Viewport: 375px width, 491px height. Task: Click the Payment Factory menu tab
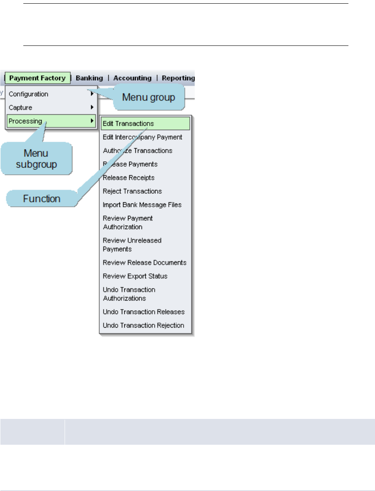pyautogui.click(x=38, y=78)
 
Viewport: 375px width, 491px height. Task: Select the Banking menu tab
pyautogui.click(x=90, y=78)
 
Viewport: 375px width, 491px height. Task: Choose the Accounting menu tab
pyautogui.click(x=132, y=78)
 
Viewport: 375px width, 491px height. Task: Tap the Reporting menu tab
pyautogui.click(x=178, y=78)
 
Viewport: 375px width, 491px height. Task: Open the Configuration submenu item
pyautogui.click(x=29, y=94)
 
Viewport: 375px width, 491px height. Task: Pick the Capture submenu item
pyautogui.click(x=20, y=107)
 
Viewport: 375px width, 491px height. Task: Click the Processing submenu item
pyautogui.click(x=25, y=121)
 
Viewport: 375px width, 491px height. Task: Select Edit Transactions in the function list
pyautogui.click(x=128, y=123)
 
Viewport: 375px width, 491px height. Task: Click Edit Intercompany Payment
pyautogui.click(x=143, y=137)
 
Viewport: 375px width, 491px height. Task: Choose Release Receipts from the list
pyautogui.click(x=129, y=178)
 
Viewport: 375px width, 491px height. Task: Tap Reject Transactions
pyautogui.click(x=132, y=191)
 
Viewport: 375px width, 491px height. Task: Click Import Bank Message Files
pyautogui.click(x=142, y=205)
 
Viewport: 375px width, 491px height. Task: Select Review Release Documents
pyautogui.click(x=145, y=262)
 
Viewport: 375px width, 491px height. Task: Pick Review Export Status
pyautogui.click(x=135, y=276)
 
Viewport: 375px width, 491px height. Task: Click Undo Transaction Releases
pyautogui.click(x=144, y=312)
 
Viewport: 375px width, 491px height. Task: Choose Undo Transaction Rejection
pyautogui.click(x=144, y=326)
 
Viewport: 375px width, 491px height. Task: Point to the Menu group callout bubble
pyautogui.click(x=149, y=98)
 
